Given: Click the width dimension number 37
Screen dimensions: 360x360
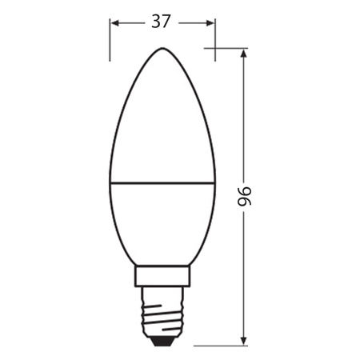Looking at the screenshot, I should tap(162, 22).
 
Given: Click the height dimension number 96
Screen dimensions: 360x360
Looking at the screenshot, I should tap(244, 197).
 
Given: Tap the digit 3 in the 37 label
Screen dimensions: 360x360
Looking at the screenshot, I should tap(156, 22).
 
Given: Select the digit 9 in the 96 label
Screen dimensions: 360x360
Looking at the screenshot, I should tap(244, 203).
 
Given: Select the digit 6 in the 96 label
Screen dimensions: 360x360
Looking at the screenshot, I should tap(244, 190).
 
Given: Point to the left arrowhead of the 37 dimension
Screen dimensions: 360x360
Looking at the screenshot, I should tap(114, 22).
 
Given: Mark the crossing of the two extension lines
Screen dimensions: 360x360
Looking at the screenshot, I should tap(215, 49).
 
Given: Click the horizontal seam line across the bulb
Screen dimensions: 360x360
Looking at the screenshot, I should tap(162, 182).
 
